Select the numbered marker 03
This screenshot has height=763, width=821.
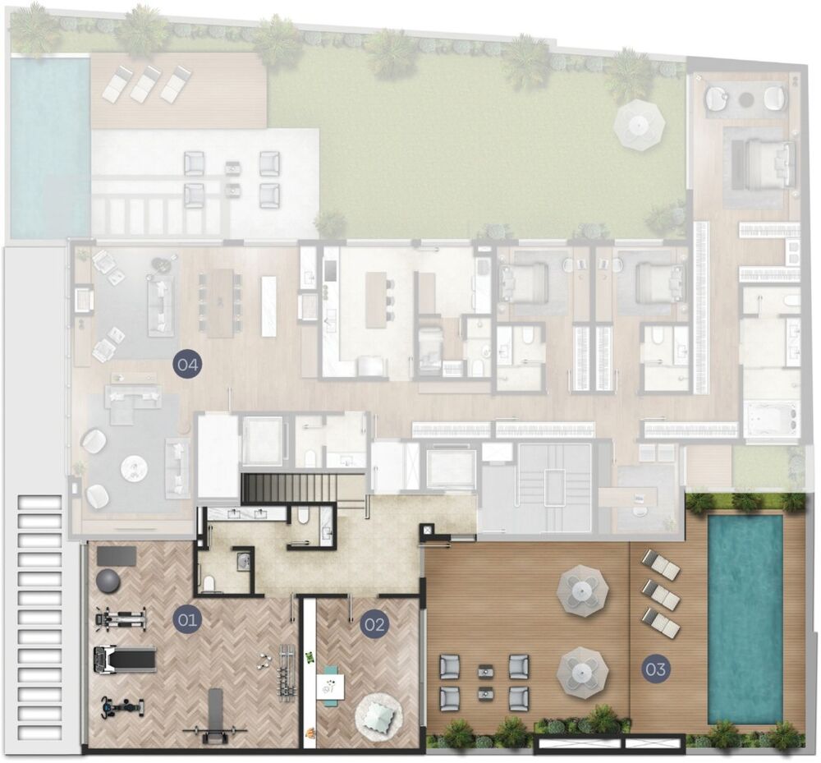tap(655, 669)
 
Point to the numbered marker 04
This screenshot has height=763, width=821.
tap(187, 364)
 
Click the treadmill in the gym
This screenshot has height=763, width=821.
tap(125, 658)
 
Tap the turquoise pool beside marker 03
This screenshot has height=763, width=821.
tap(745, 619)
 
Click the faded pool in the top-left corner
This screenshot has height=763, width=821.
tap(50, 147)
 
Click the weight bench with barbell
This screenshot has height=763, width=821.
tap(214, 718)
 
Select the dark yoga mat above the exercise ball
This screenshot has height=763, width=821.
tap(117, 556)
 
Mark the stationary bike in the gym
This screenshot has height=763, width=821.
tap(122, 707)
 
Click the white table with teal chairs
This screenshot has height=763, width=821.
tap(330, 686)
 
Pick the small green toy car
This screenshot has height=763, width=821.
tap(310, 657)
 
